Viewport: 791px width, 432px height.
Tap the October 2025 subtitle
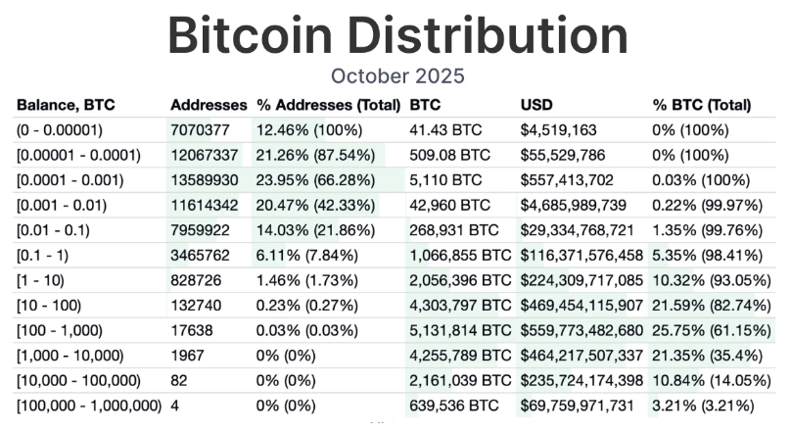click(396, 75)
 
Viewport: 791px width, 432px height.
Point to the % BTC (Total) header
click(701, 104)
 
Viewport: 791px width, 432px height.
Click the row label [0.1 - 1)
click(49, 255)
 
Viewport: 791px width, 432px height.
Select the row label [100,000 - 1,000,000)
click(89, 404)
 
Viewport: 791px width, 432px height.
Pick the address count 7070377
click(201, 129)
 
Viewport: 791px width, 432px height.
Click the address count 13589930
click(205, 179)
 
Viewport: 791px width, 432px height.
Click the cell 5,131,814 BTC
click(460, 329)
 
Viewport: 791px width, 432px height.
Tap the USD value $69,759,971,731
click(582, 404)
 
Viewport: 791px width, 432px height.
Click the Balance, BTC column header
click(65, 104)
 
